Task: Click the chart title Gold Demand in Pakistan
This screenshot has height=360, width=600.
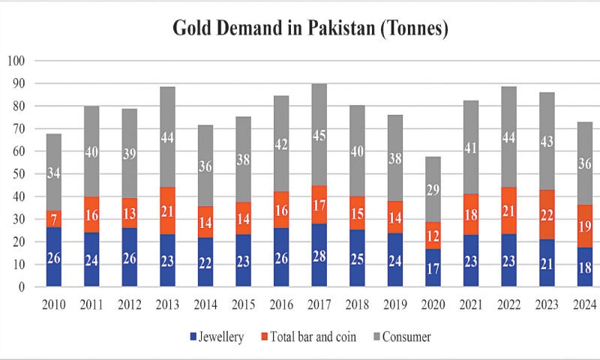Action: pyautogui.click(x=300, y=29)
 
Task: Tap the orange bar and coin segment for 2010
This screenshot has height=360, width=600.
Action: pyautogui.click(x=55, y=219)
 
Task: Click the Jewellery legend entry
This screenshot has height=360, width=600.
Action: pyautogui.click(x=217, y=337)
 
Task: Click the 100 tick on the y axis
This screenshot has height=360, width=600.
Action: pyautogui.click(x=16, y=61)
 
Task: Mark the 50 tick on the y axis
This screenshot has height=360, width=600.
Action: pyautogui.click(x=19, y=174)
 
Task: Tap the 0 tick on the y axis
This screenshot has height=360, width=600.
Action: pyautogui.click(x=22, y=287)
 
